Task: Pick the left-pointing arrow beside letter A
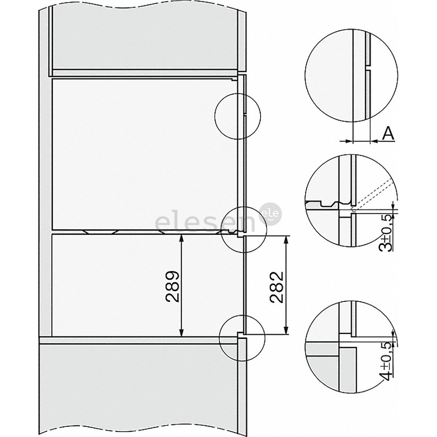point(375,140)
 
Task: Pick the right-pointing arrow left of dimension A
point(346,140)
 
